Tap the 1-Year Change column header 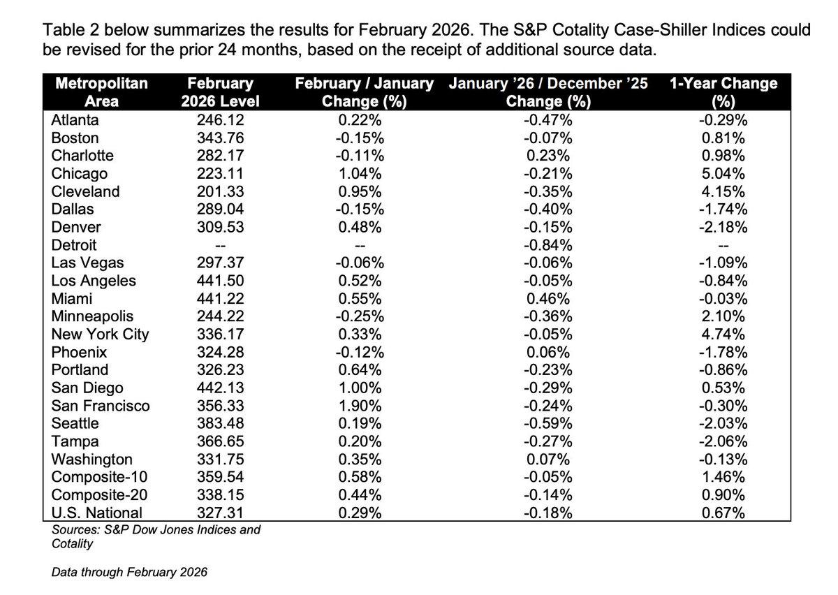pos(723,92)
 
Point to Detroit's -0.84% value pos(548,245)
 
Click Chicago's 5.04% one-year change pos(723,173)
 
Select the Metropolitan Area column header pos(101,92)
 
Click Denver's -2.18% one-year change pos(723,227)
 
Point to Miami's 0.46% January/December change pos(548,299)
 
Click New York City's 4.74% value pos(723,335)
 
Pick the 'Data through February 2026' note pos(130,573)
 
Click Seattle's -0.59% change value pos(548,423)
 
